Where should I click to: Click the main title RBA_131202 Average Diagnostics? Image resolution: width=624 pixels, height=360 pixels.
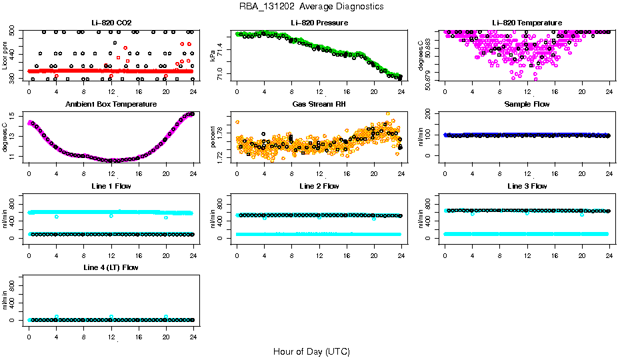[312, 6]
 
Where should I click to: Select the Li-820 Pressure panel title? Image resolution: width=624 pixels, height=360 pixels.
[319, 23]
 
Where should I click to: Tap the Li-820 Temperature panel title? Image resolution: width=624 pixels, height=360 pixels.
[527, 23]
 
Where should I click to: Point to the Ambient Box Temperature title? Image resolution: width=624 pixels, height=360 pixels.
[111, 105]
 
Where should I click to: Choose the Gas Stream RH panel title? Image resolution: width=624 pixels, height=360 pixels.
[319, 105]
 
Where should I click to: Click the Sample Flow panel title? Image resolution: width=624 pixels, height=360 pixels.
[527, 105]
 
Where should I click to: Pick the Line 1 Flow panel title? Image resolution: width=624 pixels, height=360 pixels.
[111, 186]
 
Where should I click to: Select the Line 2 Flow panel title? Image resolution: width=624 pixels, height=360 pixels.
[319, 186]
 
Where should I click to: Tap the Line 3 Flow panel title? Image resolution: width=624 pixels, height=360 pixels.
[527, 186]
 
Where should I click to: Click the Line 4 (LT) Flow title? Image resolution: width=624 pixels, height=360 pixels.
[111, 267]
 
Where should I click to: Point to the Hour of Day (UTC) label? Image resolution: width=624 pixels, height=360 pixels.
[311, 351]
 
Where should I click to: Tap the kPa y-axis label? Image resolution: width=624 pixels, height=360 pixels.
[213, 56]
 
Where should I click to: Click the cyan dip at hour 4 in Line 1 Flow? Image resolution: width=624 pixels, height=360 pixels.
[57, 217]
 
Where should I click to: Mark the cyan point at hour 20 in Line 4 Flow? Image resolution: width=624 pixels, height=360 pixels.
[166, 317]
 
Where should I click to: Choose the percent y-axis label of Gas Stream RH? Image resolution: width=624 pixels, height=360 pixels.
[213, 137]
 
